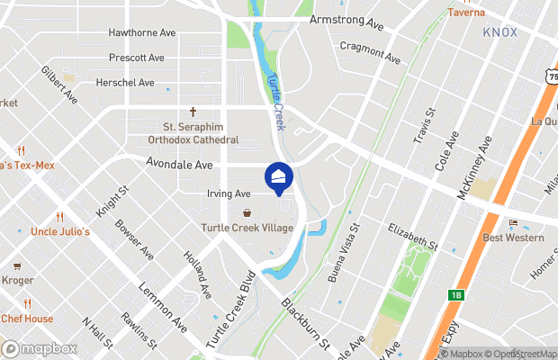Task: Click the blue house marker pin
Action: click(279, 176)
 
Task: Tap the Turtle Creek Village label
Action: click(247, 228)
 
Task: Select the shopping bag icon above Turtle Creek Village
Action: click(247, 213)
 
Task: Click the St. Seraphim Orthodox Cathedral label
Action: click(193, 133)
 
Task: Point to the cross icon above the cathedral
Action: click(193, 112)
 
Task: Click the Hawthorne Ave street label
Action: click(142, 32)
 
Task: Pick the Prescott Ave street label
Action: click(136, 58)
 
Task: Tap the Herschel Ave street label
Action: click(125, 83)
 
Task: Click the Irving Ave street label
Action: click(228, 193)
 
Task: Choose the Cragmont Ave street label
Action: click(370, 52)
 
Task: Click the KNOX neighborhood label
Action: click(499, 31)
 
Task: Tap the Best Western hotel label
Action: click(513, 238)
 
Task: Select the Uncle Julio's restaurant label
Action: click(60, 232)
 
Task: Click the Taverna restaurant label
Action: click(466, 13)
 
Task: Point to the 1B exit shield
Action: click(456, 294)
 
